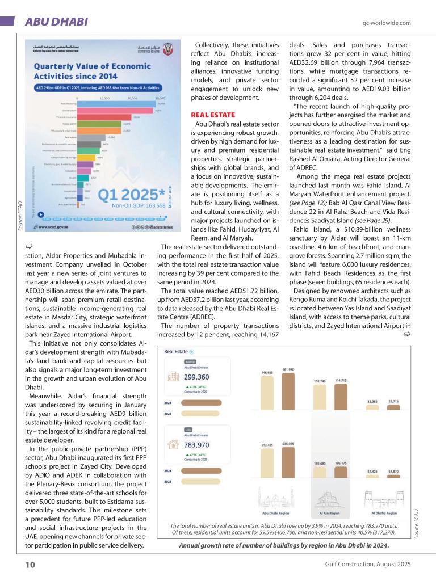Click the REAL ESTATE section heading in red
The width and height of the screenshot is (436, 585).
coord(213,115)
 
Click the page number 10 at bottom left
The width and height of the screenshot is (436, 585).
coord(30,565)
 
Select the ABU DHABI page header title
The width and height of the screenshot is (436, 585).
coord(56,22)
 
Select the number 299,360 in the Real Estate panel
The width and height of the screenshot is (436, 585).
coord(196,377)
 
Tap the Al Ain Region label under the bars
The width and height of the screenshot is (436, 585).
coord(330,513)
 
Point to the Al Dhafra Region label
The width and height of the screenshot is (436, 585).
coord(384,513)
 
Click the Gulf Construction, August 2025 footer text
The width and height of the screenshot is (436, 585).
coord(368,565)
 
